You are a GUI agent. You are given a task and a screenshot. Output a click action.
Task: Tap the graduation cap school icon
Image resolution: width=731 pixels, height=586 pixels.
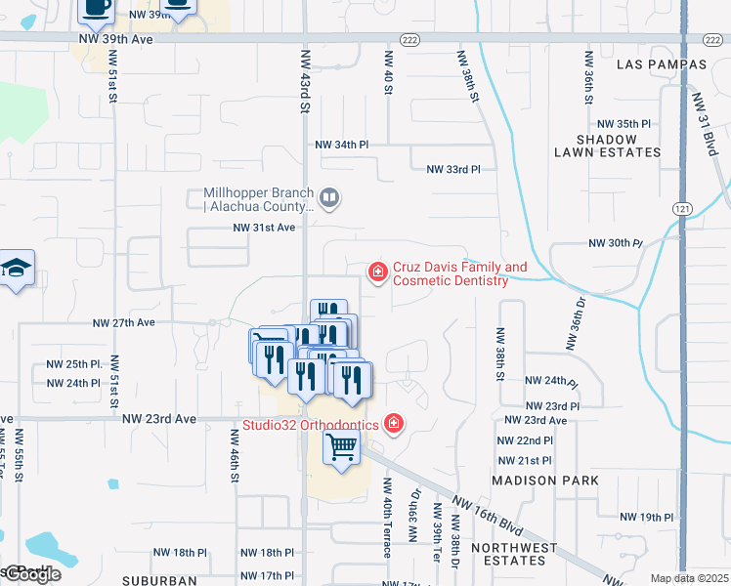tap(17, 269)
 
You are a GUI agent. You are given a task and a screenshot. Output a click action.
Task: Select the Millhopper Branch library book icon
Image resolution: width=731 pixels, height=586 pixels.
tap(329, 199)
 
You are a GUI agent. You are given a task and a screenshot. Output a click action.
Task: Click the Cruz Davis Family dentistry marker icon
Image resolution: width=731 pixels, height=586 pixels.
tap(376, 272)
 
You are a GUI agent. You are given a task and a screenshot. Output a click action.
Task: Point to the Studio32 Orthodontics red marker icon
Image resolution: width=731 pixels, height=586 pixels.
tap(393, 423)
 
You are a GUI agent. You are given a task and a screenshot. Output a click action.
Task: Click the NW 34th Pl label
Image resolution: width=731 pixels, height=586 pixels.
tap(342, 145)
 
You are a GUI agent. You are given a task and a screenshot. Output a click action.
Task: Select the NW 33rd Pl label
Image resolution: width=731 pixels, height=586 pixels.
tap(453, 169)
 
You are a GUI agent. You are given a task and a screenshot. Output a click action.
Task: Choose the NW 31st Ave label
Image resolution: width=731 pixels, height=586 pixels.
tap(264, 228)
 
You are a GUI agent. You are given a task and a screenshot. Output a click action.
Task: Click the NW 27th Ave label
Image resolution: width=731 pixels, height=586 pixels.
tap(124, 322)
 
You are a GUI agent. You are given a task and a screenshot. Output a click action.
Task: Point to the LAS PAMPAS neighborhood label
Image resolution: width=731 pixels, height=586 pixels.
tap(662, 64)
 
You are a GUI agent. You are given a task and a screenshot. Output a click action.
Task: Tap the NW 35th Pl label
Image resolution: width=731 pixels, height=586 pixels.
tap(623, 124)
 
